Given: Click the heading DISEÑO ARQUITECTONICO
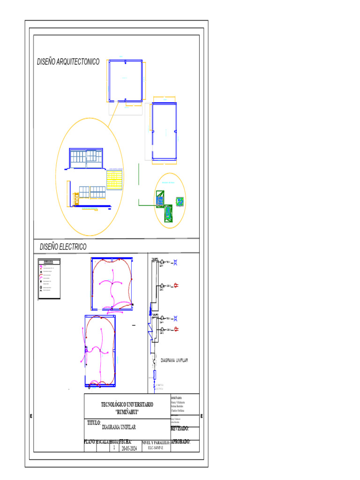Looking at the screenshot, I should click(68, 62).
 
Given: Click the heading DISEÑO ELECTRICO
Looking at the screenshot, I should click(63, 247).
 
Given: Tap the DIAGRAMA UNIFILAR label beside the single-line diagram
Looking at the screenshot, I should click(174, 360).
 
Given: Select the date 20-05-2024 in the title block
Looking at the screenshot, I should click(129, 449).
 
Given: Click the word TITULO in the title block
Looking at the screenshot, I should click(94, 423).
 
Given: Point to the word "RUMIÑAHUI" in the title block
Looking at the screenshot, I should click(127, 411).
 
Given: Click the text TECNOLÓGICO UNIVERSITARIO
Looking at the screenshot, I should click(127, 405).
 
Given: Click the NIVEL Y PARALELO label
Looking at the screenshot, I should click(156, 442).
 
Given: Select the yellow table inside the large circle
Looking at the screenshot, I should click(115, 180).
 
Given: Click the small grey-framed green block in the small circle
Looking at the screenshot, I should click(180, 201).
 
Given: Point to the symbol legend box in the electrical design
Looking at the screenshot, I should click(49, 278).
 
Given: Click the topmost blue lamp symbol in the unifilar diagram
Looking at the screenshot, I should click(176, 262).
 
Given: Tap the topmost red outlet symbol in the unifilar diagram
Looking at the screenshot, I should click(176, 285).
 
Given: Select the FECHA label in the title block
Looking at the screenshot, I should click(125, 442).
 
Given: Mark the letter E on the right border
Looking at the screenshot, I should click(202, 416).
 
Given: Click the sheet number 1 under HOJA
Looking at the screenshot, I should click(114, 448).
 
